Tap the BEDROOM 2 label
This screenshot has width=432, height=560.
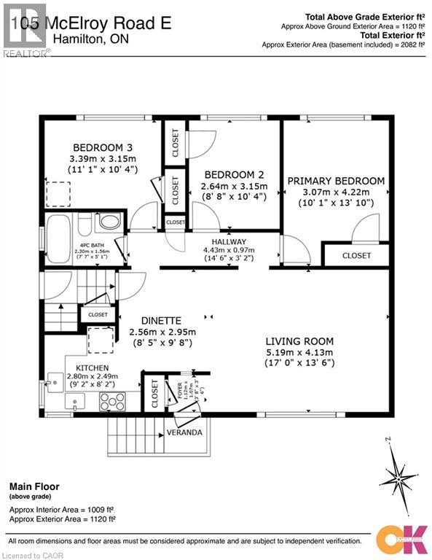pos(235,175)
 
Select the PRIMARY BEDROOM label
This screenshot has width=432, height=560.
pos(336,181)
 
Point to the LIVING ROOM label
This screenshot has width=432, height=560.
pos(299,341)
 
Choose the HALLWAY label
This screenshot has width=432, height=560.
pos(229,241)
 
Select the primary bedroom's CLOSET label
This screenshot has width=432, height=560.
pos(356,255)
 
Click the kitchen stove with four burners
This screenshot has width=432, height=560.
pos(113,400)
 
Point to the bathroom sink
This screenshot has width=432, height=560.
pos(109,221)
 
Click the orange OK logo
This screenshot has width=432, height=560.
pos(404,538)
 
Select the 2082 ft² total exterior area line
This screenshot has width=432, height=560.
pos(345,44)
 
